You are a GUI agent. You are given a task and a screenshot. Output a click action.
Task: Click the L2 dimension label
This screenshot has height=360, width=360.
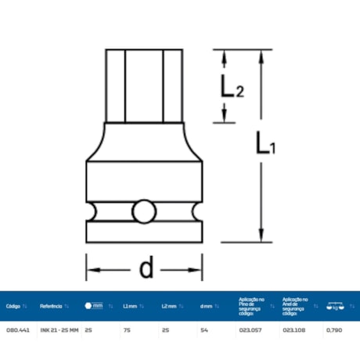coord(230,88)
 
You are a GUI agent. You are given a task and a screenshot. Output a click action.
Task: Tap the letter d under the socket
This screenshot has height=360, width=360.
coord(146,269)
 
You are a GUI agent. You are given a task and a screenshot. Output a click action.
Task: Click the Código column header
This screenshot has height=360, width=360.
coord(13,306)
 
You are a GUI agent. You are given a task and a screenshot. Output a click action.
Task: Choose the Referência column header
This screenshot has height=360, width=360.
coord(52,306)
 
